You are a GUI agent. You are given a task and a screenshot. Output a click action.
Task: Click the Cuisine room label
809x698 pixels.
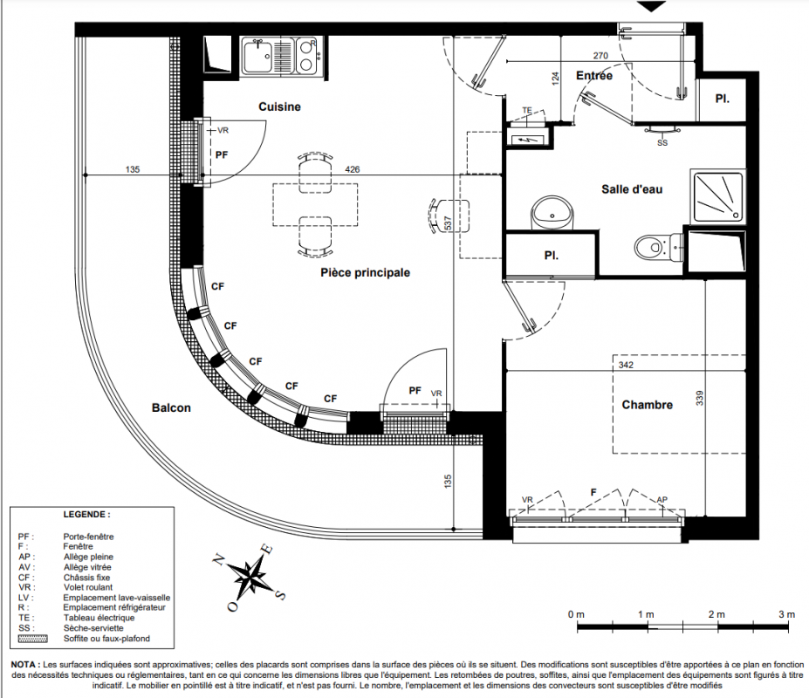pos(279,106)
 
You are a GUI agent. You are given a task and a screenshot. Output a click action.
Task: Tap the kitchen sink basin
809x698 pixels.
pos(257,55)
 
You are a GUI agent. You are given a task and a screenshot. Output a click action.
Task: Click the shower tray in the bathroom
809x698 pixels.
pos(718,196)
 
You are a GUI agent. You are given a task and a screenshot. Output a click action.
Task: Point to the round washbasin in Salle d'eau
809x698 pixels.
pos(552,212)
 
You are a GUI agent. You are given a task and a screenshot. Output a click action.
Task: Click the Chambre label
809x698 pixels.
pos(647,405)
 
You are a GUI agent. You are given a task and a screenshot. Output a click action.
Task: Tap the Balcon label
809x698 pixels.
pos(171,408)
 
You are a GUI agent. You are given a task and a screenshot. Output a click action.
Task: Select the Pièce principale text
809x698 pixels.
pos(366,272)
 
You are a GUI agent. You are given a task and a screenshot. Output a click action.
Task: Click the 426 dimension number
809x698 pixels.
pos(353,169)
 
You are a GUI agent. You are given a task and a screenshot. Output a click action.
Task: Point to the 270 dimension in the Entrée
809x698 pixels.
pos(600,56)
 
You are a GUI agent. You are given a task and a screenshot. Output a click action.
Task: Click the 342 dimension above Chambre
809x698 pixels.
pos(626,365)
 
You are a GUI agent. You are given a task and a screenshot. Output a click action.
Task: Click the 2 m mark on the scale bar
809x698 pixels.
pos(716,614)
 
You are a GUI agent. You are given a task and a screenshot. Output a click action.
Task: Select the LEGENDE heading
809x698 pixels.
pos(86,515)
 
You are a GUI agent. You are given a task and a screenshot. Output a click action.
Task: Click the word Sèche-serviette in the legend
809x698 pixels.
pos(93,628)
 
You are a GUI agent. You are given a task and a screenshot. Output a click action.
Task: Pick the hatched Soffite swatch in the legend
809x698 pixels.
pos(32,639)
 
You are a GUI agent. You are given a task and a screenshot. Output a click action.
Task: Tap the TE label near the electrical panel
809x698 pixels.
pos(527,111)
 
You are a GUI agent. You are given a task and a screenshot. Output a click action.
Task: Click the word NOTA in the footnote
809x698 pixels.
pos(23,665)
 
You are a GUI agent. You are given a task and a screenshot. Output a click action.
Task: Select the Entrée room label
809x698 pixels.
pos(594,76)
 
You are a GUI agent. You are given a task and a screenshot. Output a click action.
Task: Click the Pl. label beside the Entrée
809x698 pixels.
pos(723,99)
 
